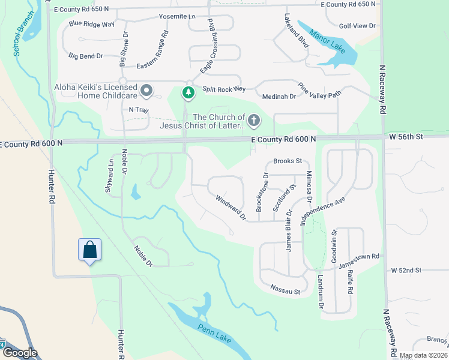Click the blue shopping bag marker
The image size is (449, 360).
[89, 250]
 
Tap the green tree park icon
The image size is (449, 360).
[189, 92]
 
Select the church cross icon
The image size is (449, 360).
[254, 121]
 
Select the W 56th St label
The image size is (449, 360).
[406, 137]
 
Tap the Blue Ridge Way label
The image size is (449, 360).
[91, 24]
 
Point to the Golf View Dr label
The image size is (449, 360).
[357, 26]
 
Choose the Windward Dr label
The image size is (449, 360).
[231, 207]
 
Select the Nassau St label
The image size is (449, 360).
[285, 292]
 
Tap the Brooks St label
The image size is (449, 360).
[287, 161]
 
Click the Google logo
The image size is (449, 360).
[20, 353]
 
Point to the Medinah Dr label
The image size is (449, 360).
[279, 96]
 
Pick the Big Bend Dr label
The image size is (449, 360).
[86, 56]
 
